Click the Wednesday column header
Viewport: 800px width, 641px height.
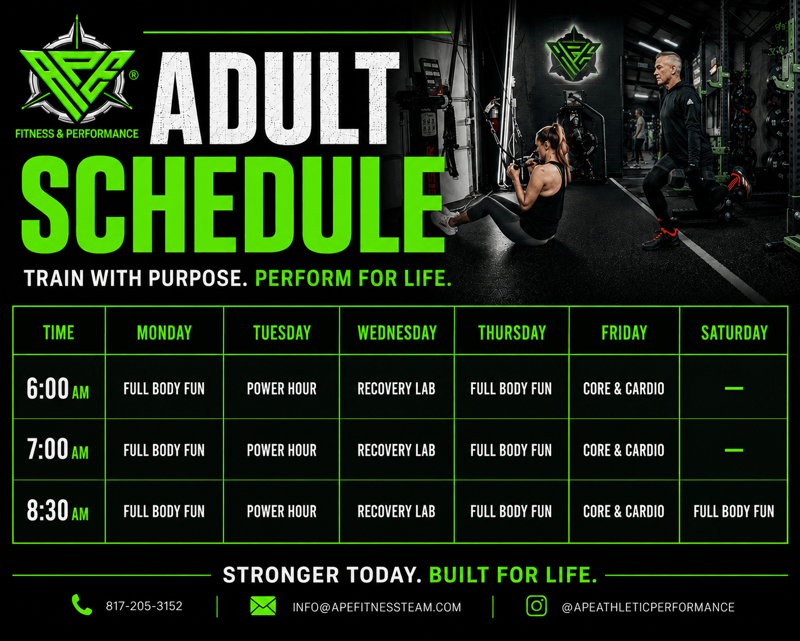(x=397, y=332)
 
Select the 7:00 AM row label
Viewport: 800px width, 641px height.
(x=58, y=449)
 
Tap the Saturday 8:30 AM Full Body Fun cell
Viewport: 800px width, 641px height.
(x=733, y=511)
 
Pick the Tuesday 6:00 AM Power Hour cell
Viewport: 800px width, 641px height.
(x=281, y=388)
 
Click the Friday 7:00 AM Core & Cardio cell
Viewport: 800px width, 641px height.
(x=624, y=450)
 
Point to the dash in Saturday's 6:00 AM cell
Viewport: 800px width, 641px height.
(x=734, y=388)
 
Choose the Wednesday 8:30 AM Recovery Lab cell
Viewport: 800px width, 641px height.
(x=396, y=511)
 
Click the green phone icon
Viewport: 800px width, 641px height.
(x=82, y=604)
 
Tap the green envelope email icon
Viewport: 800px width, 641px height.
(x=263, y=606)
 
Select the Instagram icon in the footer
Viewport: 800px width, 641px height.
(x=536, y=606)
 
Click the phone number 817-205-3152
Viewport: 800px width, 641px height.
(x=144, y=606)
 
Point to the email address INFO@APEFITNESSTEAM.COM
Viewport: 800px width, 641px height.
(x=377, y=607)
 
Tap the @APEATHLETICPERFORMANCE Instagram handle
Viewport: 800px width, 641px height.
(x=648, y=607)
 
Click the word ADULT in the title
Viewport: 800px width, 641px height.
(x=275, y=98)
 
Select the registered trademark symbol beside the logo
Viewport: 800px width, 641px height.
(x=134, y=75)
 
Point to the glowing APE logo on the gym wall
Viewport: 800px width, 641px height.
(x=573, y=54)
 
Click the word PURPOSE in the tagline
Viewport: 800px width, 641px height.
(x=198, y=278)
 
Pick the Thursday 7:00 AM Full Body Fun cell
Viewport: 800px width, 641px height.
(x=511, y=450)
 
